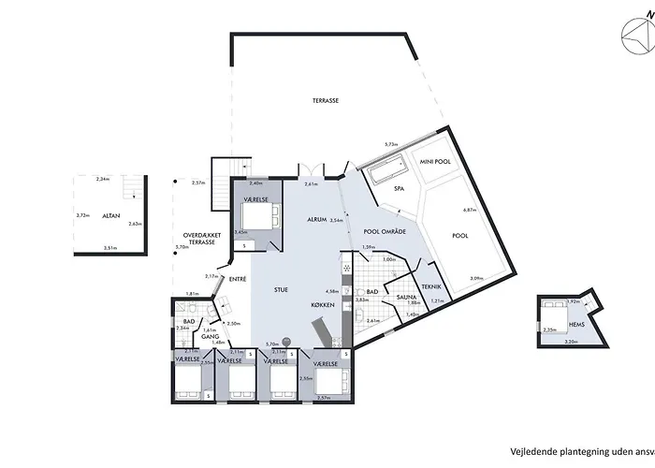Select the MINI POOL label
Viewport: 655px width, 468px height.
coord(435,161)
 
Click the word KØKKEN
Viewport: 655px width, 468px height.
coord(325,305)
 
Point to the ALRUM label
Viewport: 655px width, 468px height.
coord(317,219)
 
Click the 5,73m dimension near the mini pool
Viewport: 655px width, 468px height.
coord(393,144)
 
